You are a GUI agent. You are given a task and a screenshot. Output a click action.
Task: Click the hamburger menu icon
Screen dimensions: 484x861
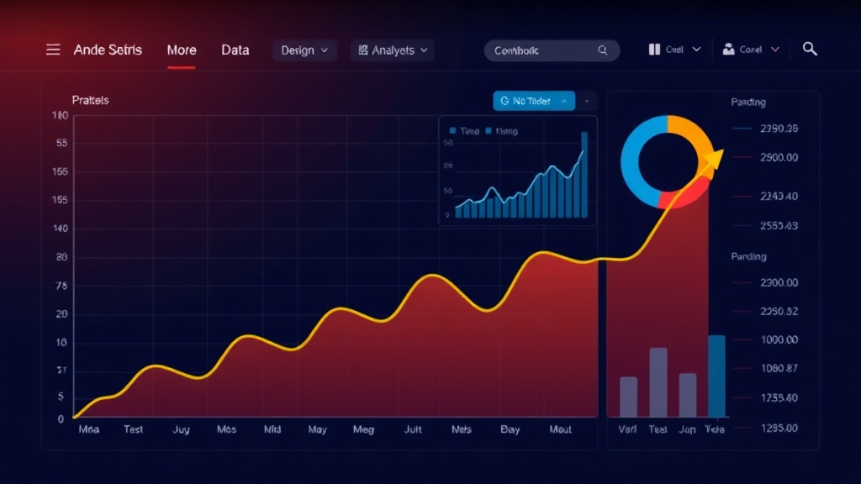tap(53, 50)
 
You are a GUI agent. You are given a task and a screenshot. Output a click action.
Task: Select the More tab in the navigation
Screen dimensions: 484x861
tap(182, 50)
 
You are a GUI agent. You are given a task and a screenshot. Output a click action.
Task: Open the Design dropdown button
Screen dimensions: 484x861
tap(304, 50)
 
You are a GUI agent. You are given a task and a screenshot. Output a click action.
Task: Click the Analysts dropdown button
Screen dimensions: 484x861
tap(393, 50)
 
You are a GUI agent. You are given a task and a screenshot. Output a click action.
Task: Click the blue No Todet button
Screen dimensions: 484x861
tap(533, 101)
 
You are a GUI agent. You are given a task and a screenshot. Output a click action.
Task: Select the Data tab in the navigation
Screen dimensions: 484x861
tap(235, 50)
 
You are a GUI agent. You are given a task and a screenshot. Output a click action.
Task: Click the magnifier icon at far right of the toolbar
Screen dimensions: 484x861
tap(810, 49)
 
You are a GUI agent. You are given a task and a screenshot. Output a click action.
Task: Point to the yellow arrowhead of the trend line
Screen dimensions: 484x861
tap(714, 160)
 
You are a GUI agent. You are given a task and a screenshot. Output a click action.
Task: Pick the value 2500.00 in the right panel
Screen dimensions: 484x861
tap(778, 157)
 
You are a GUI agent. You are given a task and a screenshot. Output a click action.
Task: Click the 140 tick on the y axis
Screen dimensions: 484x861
tap(60, 229)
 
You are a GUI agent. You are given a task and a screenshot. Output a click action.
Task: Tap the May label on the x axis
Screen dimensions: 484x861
tap(317, 429)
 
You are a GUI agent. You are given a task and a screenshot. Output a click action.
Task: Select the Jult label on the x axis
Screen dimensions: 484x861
tap(413, 429)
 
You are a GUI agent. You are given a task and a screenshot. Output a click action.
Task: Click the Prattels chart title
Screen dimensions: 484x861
tap(90, 100)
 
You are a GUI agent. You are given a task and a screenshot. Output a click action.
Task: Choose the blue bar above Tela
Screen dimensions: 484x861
tap(716, 376)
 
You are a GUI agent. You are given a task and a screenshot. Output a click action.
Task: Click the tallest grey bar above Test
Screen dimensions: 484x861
tap(658, 382)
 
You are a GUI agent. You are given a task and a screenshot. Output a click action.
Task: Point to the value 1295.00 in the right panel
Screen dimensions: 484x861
tap(778, 428)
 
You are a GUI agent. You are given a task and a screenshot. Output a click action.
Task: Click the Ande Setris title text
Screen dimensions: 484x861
tap(108, 50)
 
